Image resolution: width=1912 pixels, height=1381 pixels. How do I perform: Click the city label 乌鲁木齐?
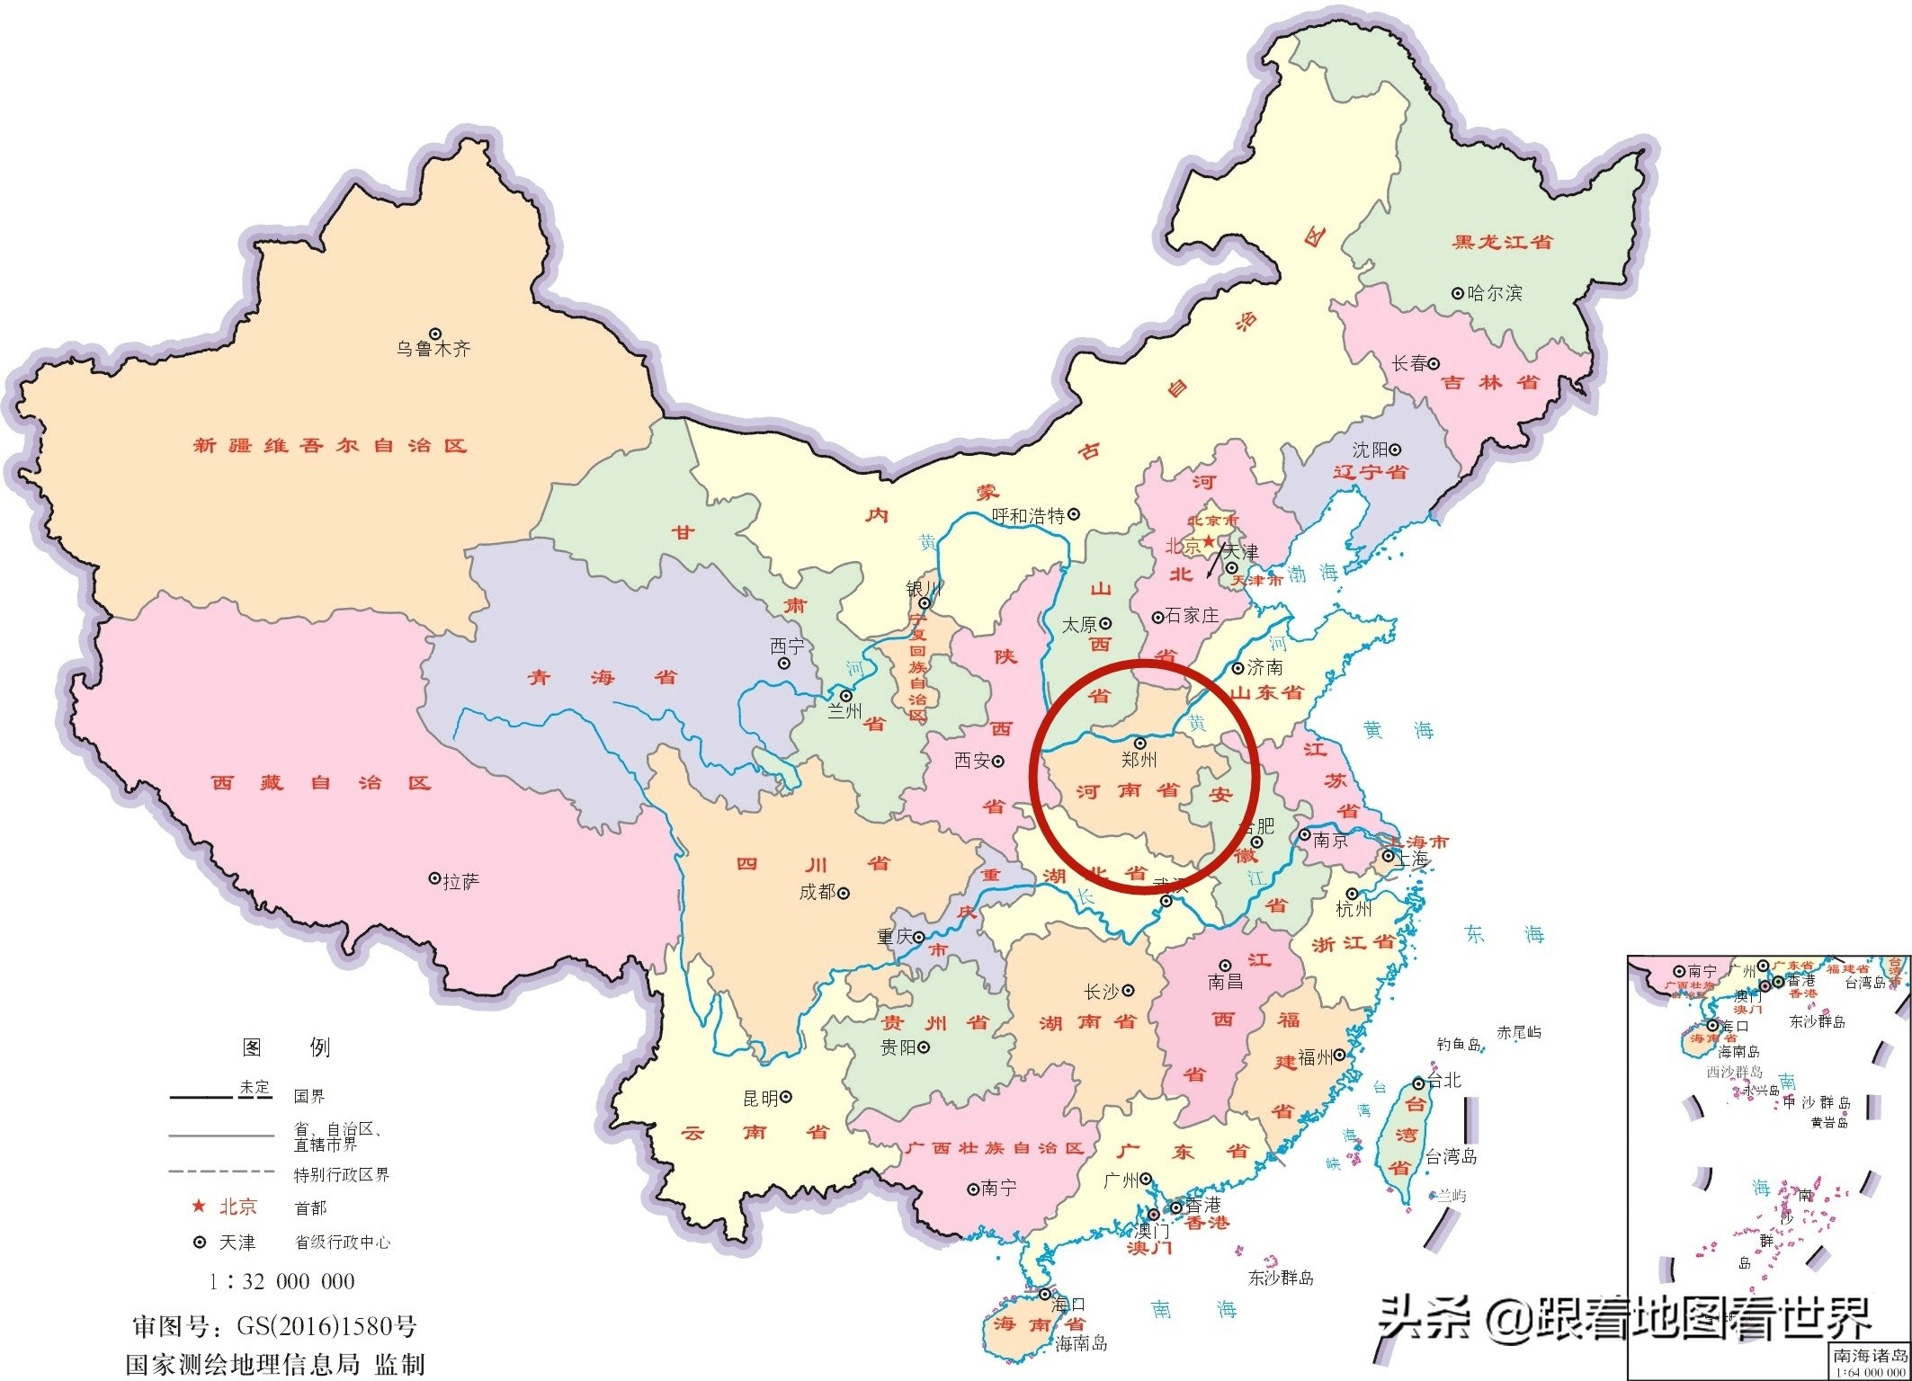coord(433,349)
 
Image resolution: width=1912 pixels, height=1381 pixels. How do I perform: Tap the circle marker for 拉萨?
coord(434,878)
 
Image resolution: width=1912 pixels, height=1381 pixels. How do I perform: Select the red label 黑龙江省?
coord(1502,242)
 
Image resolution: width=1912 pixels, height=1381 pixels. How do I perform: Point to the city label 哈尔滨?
coord(1495,293)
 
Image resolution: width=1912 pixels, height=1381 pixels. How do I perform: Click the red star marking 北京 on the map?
coord(1209,540)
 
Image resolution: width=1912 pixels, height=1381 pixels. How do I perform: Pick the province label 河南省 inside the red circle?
coord(1128,791)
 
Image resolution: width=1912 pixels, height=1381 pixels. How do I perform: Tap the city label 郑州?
coord(1139,761)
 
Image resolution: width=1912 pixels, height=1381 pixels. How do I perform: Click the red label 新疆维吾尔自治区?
coord(330,445)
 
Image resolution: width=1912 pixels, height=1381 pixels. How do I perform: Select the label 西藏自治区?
coord(321,783)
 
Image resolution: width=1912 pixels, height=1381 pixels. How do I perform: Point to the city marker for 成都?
coord(844,893)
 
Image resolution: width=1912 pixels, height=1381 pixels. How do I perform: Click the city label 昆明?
coord(761,1098)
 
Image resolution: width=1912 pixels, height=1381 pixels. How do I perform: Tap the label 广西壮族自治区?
coord(995,1148)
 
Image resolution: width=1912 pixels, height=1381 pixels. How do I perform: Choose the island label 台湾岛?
coord(1452,1157)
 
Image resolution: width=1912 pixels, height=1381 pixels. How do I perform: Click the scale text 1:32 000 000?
coord(281,1281)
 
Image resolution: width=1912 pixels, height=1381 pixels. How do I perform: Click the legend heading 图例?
coord(286,1047)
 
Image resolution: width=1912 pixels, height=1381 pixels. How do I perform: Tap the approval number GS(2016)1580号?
coord(326,1326)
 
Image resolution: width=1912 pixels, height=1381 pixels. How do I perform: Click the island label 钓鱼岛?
coord(1458,1045)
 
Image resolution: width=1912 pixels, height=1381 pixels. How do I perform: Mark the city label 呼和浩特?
coord(1028,516)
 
